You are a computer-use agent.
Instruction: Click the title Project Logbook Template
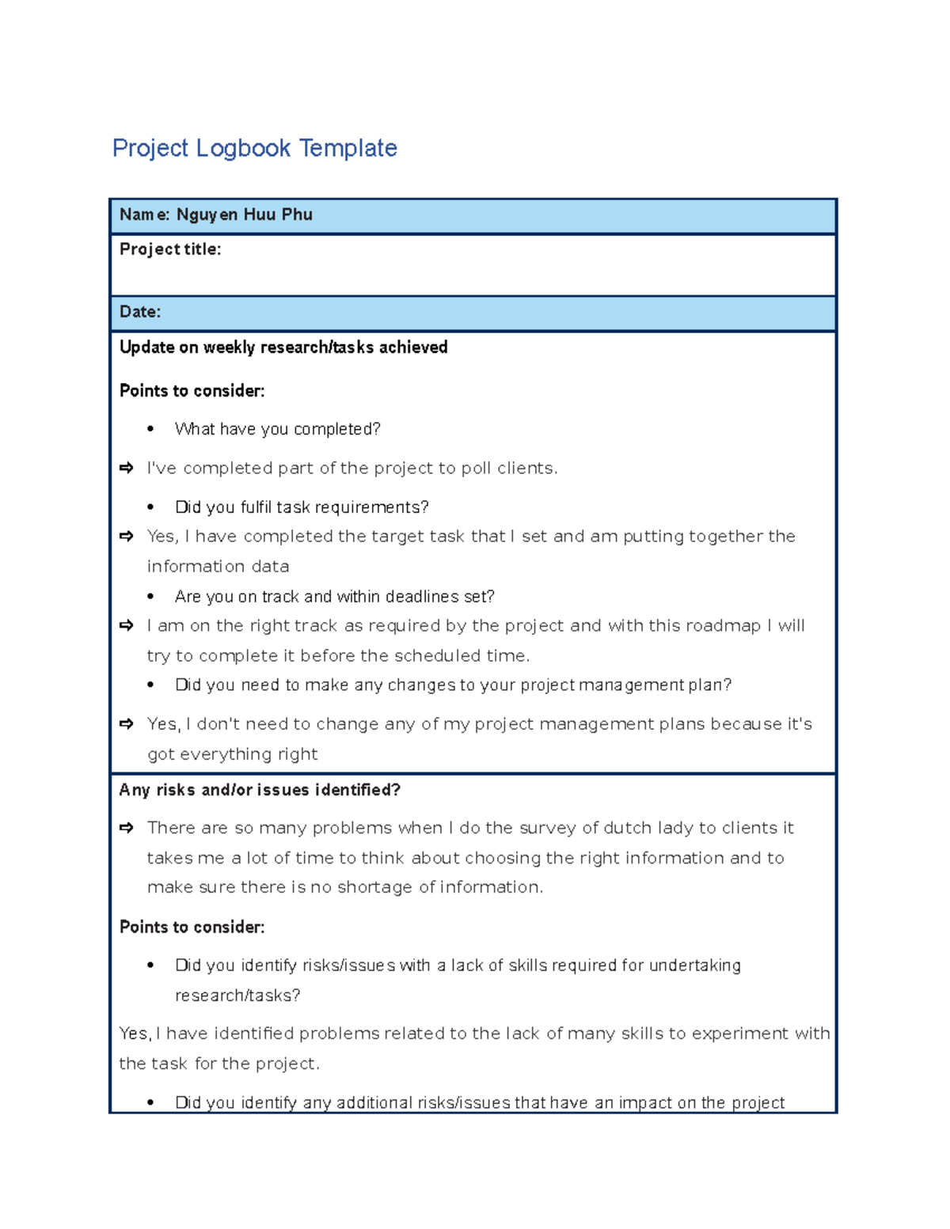254,148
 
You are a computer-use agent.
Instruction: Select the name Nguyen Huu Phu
244,214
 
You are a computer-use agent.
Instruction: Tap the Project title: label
170,249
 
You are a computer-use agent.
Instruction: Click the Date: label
140,312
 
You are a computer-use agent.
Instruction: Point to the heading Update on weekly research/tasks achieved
283,347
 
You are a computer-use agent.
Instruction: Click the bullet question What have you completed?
277,429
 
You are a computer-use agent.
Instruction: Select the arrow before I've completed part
127,468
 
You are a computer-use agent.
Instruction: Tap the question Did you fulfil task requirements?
302,507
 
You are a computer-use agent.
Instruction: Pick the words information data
218,567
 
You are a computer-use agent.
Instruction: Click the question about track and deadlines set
334,597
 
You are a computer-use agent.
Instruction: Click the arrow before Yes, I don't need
127,724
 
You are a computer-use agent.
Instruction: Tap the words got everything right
232,754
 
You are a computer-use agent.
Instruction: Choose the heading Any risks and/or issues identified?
260,790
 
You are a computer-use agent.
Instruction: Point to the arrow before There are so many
127,828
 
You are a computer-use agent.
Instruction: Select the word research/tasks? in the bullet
237,996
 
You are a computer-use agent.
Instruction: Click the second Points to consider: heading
192,927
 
